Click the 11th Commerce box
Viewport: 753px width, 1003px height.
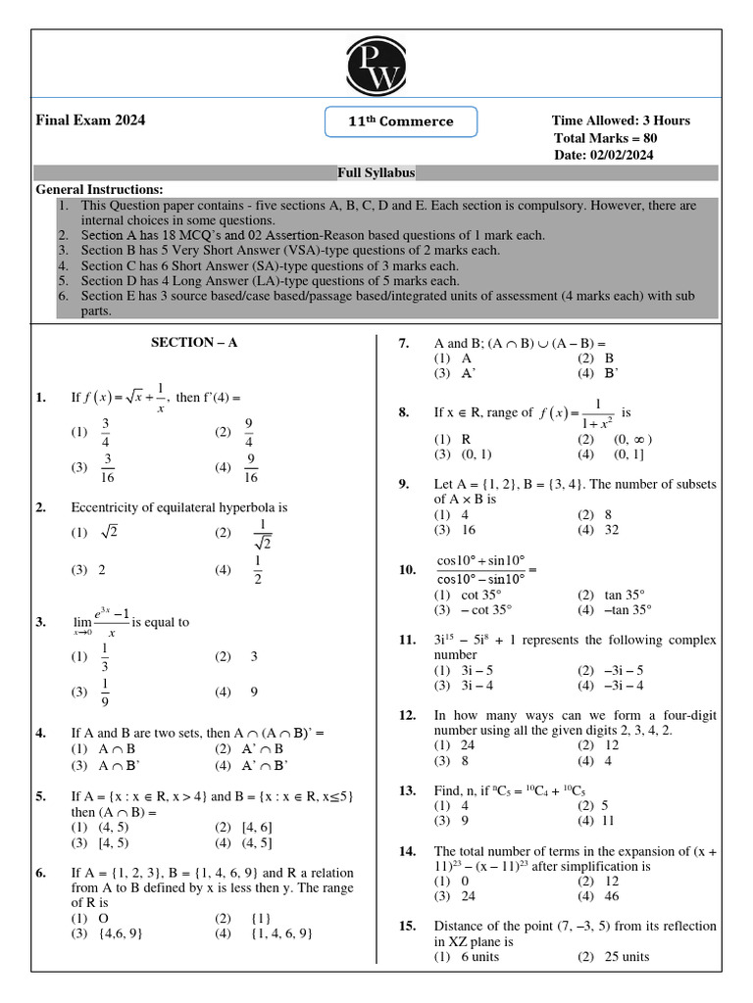point(401,121)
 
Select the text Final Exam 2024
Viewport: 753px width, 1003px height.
point(90,120)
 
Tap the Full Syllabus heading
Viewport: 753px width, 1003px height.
point(376,172)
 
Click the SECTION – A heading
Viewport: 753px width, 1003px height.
point(194,343)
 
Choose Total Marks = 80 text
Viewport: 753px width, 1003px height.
point(605,138)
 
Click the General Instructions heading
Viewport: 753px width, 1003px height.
point(99,189)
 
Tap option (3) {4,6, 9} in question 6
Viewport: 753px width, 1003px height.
point(115,933)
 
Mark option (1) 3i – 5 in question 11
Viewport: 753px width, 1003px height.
point(462,670)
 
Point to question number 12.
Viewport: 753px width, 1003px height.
point(408,716)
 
